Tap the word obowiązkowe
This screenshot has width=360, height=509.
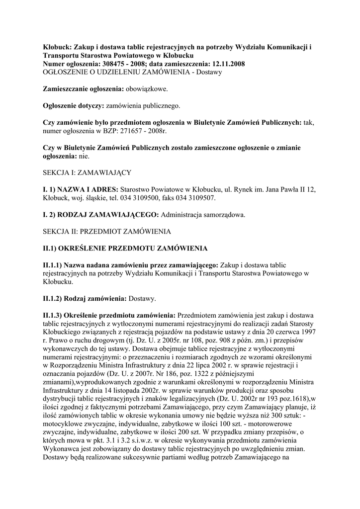pos(146,89)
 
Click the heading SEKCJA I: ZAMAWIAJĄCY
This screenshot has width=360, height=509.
pos(87,172)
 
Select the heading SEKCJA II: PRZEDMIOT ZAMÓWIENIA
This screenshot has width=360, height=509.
pos(107,232)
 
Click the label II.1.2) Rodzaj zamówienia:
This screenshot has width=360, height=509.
pos(85,299)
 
